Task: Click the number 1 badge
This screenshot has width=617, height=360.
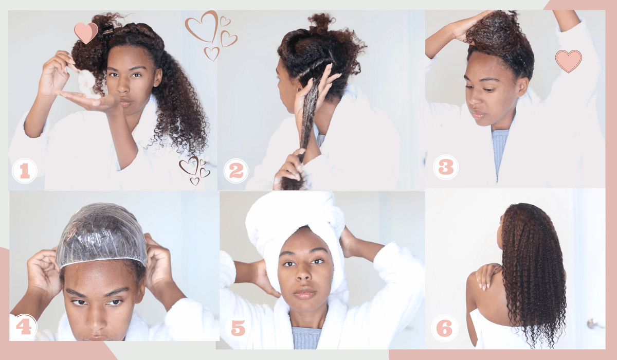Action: pyautogui.click(x=25, y=171)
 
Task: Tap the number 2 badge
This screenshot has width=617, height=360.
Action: pyautogui.click(x=236, y=171)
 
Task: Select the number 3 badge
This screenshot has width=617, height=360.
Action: pyautogui.click(x=446, y=167)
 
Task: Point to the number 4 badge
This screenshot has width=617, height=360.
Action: pyautogui.click(x=24, y=327)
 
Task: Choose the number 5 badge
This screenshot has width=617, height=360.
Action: pyautogui.click(x=238, y=328)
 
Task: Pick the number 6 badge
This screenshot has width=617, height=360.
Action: pyautogui.click(x=444, y=328)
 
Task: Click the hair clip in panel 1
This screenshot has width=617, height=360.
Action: pyautogui.click(x=108, y=30)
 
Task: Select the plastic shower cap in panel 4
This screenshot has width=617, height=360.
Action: pyautogui.click(x=101, y=235)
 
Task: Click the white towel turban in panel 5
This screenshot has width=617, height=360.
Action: pyautogui.click(x=296, y=237)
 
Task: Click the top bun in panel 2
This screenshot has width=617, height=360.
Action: pyautogui.click(x=321, y=22)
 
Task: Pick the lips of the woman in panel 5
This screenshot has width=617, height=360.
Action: pyautogui.click(x=304, y=293)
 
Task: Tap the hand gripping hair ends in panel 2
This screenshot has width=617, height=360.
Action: pyautogui.click(x=289, y=169)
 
